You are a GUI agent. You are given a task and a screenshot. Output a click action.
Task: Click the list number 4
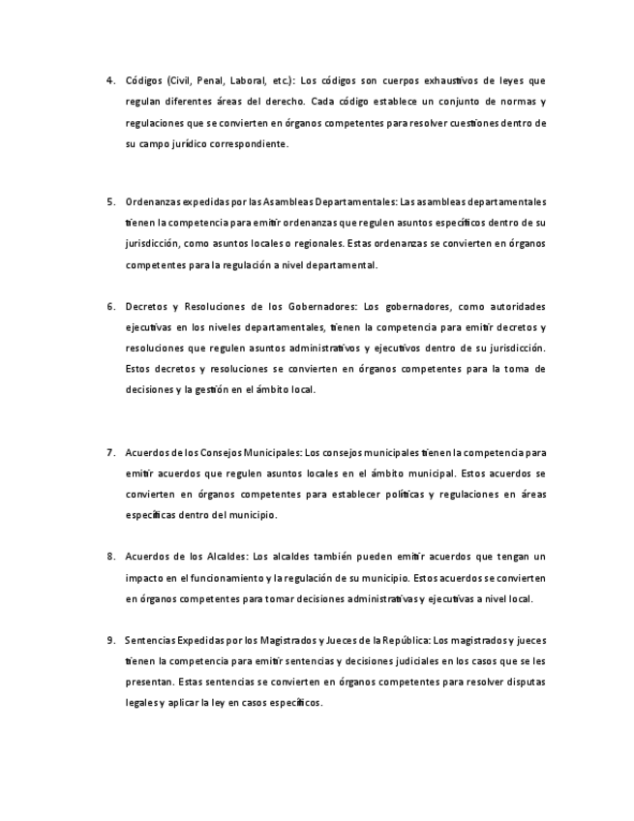tap(110, 80)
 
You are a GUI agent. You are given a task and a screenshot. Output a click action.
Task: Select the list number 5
tap(110, 201)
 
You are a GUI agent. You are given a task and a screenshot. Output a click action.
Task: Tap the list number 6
tap(110, 306)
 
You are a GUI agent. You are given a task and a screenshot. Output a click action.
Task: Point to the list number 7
tap(110, 452)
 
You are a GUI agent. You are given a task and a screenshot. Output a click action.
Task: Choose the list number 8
tap(110, 557)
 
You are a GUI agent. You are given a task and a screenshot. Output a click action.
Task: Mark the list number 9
tap(110, 640)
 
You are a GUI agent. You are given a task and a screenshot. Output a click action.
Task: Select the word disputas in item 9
tap(524, 683)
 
